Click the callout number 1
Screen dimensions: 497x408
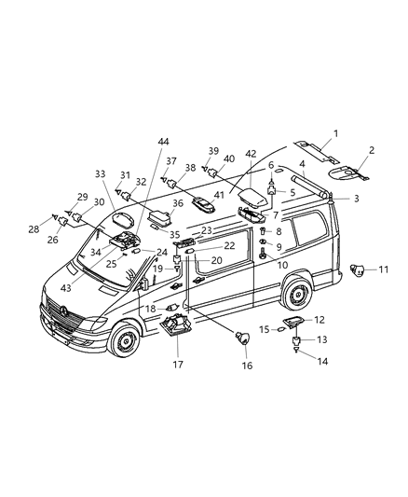click(x=336, y=133)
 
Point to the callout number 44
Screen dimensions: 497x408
click(x=164, y=141)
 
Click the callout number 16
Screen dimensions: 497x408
click(x=248, y=366)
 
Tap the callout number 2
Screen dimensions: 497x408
click(x=371, y=150)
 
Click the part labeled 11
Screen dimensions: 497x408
click(x=356, y=271)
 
